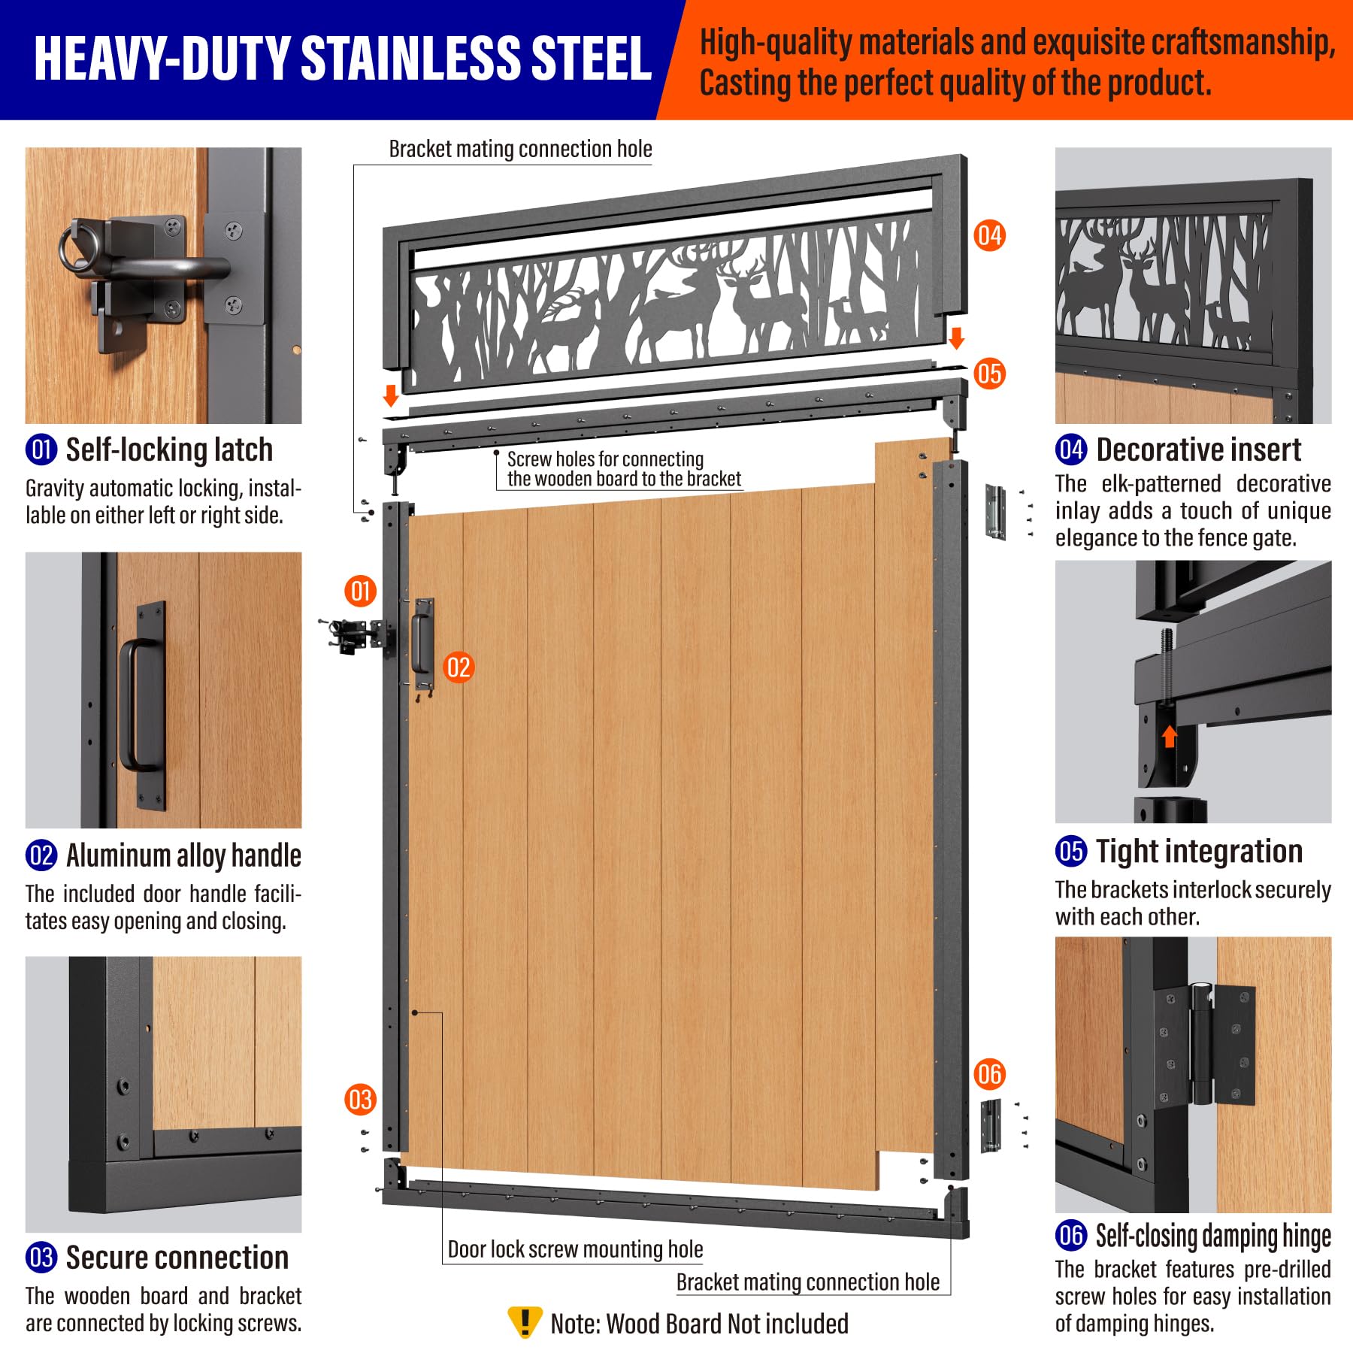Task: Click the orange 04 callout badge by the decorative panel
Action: coord(989,235)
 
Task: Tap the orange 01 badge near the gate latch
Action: coord(361,591)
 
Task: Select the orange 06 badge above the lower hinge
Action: coord(989,1074)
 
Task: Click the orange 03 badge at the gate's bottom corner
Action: coord(360,1100)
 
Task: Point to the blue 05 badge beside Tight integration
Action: coord(1071,851)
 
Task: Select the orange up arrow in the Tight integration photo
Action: coord(1169,736)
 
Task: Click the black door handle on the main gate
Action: coord(421,644)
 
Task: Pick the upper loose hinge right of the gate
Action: coord(996,511)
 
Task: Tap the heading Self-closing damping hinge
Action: coord(1213,1236)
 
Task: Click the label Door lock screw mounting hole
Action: coord(575,1249)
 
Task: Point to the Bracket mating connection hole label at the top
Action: coord(520,149)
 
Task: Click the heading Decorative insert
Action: coord(1199,449)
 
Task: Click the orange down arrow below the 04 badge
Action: coord(956,338)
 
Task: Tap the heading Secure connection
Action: coord(177,1258)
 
